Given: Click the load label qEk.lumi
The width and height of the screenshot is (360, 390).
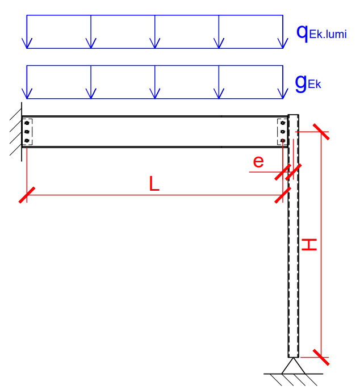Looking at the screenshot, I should point(321,33).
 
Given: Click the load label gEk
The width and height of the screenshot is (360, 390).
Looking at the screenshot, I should point(308,83).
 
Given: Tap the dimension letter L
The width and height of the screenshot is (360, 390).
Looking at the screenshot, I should point(154,184).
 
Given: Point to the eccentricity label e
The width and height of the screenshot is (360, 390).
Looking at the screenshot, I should point(258,162).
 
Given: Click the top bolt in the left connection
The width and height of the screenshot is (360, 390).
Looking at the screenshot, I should point(27,123).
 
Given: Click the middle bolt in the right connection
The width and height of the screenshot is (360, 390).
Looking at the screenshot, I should point(283,132).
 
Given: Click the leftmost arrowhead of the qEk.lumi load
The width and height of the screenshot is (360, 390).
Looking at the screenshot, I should point(27,43).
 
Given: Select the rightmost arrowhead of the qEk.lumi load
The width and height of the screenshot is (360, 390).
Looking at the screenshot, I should point(282,43).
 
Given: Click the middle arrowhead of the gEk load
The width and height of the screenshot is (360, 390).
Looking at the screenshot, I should point(154,93).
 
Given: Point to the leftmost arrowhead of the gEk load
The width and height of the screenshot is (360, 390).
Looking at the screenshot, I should point(27,93).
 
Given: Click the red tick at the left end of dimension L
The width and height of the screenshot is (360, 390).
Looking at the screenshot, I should point(27,195).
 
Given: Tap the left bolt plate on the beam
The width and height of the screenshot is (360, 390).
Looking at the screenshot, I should point(27,132).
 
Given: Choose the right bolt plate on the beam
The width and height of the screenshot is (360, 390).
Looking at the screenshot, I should point(282,132).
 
